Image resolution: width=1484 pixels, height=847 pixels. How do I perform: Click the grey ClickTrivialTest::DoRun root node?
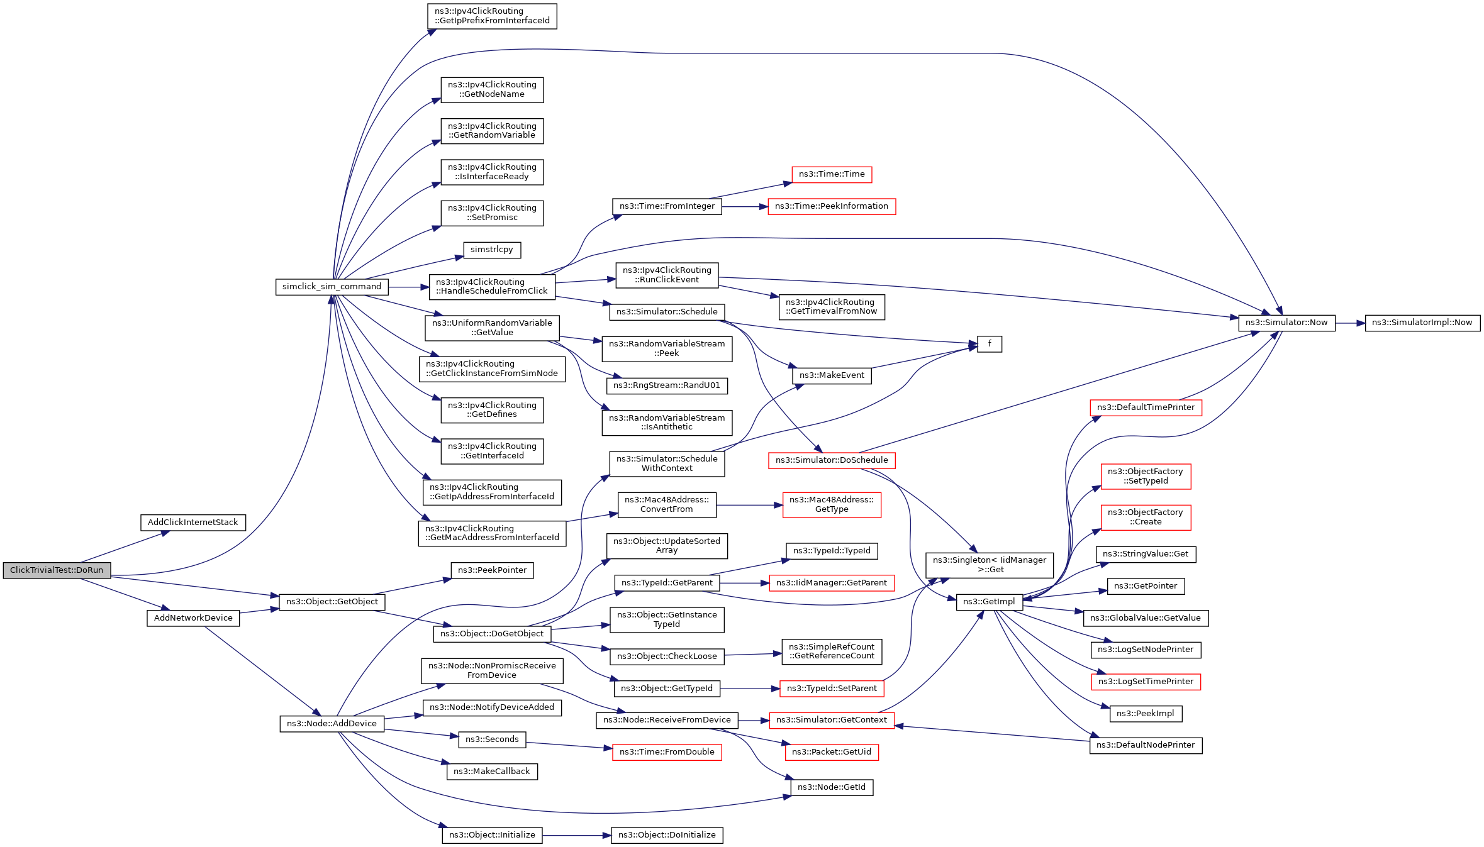click(57, 570)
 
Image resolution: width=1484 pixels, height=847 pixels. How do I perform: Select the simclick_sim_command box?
click(332, 287)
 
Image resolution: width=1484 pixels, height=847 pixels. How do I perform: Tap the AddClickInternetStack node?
click(192, 523)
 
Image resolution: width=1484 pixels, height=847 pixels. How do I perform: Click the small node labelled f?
click(989, 344)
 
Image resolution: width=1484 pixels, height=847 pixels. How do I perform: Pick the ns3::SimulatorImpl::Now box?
click(1422, 323)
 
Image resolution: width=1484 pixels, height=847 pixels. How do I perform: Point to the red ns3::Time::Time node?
click(832, 174)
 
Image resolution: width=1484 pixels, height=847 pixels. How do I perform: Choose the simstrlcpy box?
click(491, 250)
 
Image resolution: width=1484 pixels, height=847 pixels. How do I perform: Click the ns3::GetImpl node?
click(989, 602)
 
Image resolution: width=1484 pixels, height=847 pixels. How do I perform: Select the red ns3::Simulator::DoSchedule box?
click(832, 460)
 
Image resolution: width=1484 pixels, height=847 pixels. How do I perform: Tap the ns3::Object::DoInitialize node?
click(667, 835)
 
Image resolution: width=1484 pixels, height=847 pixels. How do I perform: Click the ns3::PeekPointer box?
click(492, 570)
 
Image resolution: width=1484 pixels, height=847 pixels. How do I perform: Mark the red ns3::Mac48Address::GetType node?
click(832, 504)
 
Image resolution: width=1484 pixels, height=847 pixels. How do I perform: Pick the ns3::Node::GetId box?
click(832, 787)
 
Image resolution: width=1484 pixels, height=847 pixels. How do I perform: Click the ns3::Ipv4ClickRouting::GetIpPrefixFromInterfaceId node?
click(492, 16)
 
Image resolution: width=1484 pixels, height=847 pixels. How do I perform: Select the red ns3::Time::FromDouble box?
click(667, 752)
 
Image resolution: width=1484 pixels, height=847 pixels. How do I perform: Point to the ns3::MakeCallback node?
click(492, 772)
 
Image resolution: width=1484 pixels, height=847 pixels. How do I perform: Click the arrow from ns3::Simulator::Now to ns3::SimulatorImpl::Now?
click(1350, 323)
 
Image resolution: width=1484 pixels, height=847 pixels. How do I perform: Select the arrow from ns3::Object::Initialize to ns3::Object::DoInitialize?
click(576, 836)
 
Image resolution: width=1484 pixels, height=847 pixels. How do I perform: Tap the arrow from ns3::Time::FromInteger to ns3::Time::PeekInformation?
click(745, 206)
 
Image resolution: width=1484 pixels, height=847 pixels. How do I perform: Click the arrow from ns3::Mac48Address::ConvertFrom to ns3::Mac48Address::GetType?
click(749, 505)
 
